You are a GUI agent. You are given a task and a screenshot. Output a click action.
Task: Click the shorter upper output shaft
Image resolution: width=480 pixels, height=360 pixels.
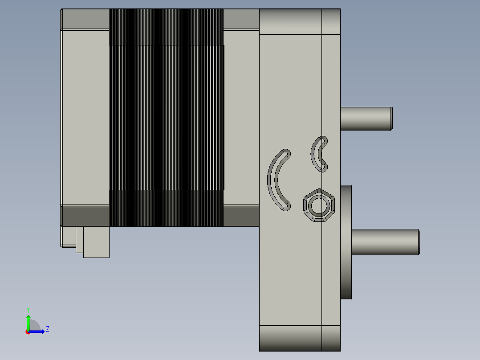coord(365,119)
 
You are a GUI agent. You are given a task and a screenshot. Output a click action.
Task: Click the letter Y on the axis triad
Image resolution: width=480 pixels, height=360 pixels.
coord(28,309)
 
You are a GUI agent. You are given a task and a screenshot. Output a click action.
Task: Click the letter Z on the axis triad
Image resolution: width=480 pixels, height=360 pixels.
coord(47,329)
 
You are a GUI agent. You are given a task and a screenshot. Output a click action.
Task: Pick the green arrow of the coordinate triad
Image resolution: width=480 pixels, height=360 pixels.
coord(28,321)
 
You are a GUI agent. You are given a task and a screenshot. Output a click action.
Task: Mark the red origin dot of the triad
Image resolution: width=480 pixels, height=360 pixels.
coord(28,332)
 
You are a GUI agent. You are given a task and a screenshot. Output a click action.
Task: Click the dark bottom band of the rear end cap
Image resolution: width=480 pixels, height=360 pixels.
coord(85,216)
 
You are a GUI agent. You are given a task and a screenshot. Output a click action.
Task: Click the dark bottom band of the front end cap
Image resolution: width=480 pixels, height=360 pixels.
coord(240,216)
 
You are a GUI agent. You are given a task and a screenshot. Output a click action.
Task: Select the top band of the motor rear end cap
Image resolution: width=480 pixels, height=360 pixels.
coord(85,19)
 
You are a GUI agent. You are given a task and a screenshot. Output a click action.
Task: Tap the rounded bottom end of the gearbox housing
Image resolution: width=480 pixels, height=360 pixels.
coord(299,338)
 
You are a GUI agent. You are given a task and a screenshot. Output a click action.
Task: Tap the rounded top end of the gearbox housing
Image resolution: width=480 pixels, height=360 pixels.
coord(299,21)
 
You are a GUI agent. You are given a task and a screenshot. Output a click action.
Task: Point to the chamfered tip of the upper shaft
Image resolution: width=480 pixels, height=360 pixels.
coord(391,119)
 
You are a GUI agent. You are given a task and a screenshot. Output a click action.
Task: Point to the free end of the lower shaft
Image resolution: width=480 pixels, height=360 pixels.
coord(418,242)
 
